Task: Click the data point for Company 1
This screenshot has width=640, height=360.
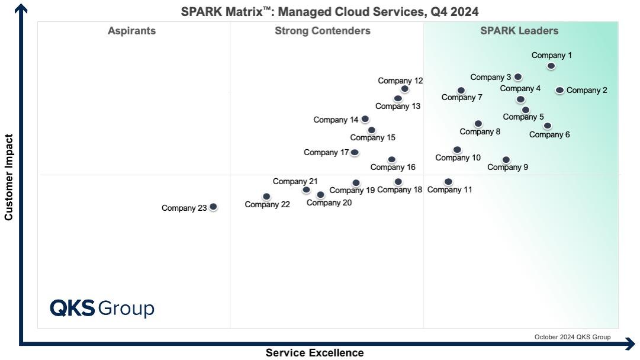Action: click(x=551, y=66)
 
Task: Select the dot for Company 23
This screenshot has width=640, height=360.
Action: click(x=213, y=207)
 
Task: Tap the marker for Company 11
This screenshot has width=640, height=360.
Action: click(x=448, y=182)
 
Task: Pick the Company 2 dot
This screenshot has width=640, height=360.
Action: click(x=559, y=90)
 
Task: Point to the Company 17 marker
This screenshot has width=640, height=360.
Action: click(x=355, y=152)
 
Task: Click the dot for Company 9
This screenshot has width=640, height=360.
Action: click(x=506, y=160)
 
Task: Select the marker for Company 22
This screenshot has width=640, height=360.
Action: click(x=266, y=197)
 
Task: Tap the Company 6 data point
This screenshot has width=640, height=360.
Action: click(x=548, y=126)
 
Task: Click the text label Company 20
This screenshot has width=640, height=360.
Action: click(x=329, y=203)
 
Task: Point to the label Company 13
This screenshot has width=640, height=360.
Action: click(x=398, y=107)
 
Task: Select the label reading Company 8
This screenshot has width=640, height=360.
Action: click(x=480, y=132)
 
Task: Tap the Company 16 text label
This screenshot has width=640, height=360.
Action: click(x=393, y=168)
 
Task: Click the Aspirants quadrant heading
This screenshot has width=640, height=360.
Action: click(x=132, y=31)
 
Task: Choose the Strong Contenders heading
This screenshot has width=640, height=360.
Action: click(x=323, y=31)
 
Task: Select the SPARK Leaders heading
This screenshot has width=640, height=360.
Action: click(x=519, y=31)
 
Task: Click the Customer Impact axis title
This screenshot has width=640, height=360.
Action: click(x=9, y=178)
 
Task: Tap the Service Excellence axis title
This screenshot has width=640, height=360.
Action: click(x=314, y=353)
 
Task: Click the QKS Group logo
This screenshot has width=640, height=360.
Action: click(x=102, y=308)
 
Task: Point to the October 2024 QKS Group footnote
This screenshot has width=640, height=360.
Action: click(x=572, y=337)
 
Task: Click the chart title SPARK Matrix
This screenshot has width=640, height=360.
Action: click(x=330, y=12)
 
